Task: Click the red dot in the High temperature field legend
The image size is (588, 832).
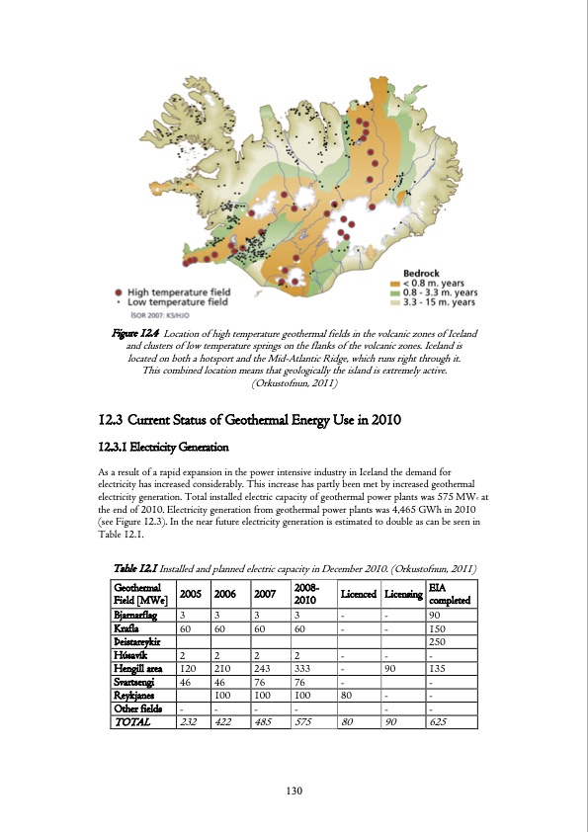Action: point(120,292)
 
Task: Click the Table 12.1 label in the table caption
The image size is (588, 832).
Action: point(133,568)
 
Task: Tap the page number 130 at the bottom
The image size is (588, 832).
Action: point(294,790)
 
